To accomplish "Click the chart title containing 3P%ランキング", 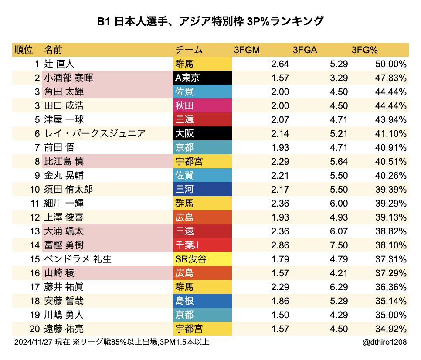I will (210, 21).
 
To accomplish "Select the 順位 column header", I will (24, 50).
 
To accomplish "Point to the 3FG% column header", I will (364, 50).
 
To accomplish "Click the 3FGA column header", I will (305, 50).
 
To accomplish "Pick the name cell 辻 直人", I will (60, 64).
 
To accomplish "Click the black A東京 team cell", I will (202, 78).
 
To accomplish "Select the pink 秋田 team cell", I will (202, 106).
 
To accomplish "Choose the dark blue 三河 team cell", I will (202, 189).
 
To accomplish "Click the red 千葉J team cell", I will (202, 245).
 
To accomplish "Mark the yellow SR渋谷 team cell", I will (202, 259).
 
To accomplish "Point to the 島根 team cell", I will (202, 300).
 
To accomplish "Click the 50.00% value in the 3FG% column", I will (390, 64).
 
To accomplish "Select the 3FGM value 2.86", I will (280, 245).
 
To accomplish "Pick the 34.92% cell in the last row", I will (390, 328).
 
